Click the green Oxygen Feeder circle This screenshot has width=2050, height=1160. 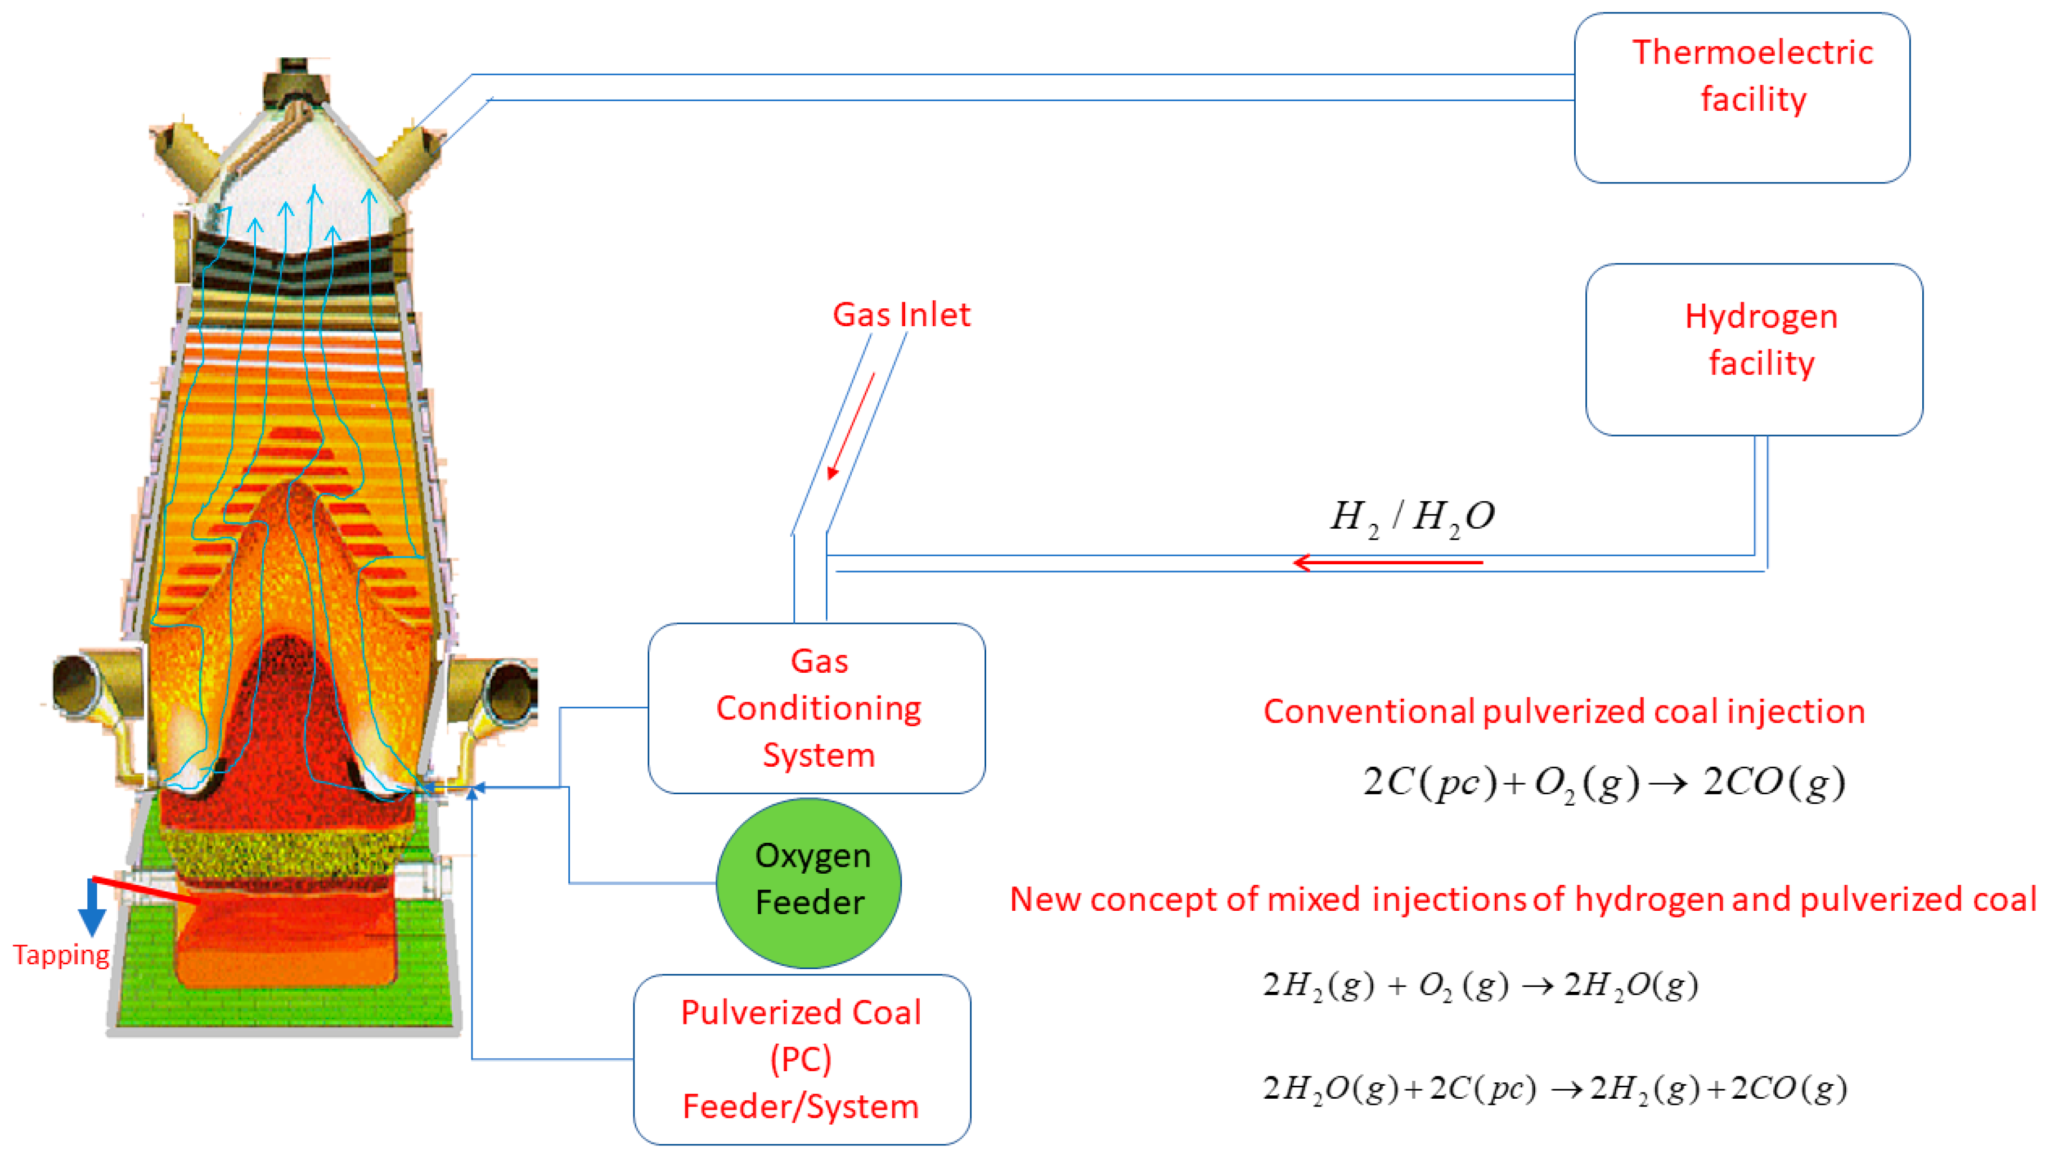[x=808, y=882]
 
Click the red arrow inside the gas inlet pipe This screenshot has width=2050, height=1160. [x=852, y=426]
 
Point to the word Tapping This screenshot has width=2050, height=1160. [x=61, y=955]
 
